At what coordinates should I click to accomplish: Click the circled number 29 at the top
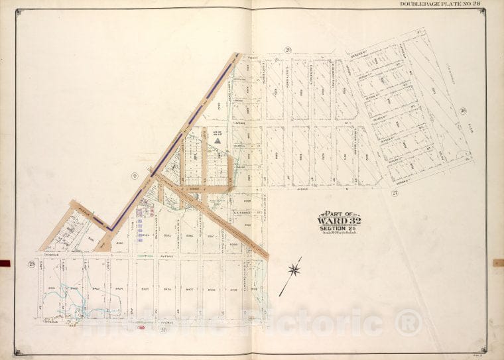[288, 50]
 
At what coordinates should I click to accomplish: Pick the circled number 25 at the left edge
[31, 264]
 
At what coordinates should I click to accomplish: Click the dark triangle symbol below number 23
[217, 140]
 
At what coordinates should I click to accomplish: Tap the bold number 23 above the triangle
[217, 133]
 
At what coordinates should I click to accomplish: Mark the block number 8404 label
[120, 288]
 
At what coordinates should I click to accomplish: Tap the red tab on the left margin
[5, 263]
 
